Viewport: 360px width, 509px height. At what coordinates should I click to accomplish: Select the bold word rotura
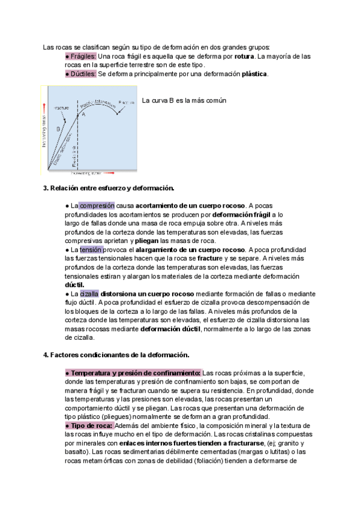[x=244, y=56]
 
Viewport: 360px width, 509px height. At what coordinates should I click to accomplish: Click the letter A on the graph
[x=83, y=115]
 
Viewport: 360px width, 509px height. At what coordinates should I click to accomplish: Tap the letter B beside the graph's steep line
[x=58, y=128]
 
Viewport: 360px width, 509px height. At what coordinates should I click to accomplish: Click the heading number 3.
[x=46, y=188]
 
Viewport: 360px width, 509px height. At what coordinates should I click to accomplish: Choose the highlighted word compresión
[x=97, y=205]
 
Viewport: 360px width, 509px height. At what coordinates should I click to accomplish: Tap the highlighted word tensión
[x=91, y=249]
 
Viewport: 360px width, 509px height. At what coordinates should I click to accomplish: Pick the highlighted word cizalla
[x=89, y=294]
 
